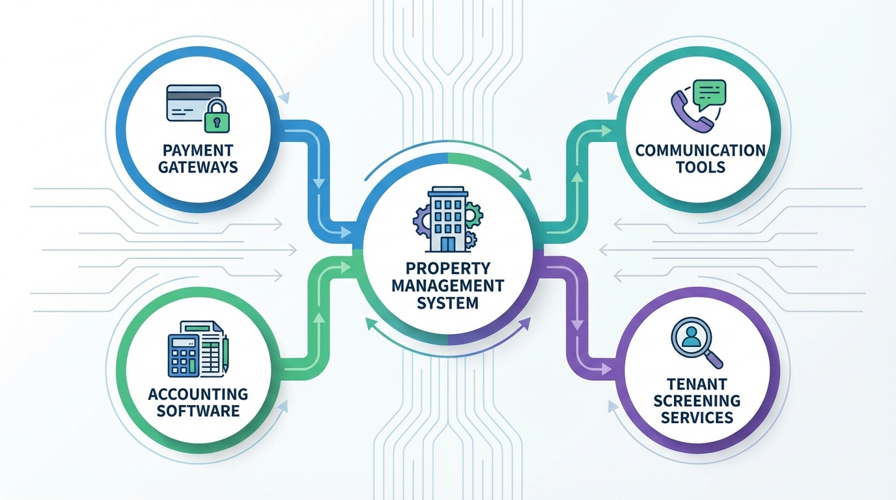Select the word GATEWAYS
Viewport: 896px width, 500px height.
(x=198, y=167)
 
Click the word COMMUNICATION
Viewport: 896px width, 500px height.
(x=700, y=150)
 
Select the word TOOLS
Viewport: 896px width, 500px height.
(x=700, y=167)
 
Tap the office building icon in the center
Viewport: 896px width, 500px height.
(x=447, y=219)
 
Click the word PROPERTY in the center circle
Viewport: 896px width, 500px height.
(x=447, y=268)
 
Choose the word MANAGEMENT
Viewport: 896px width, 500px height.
(x=447, y=285)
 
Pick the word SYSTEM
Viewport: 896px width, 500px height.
(x=447, y=303)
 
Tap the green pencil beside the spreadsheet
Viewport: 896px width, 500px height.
(x=225, y=354)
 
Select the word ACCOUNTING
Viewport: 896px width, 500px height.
(x=198, y=394)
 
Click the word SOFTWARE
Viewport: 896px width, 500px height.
(x=198, y=411)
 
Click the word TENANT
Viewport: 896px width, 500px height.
(x=697, y=384)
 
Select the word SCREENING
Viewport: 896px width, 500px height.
(x=697, y=400)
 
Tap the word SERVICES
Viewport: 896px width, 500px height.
(x=697, y=417)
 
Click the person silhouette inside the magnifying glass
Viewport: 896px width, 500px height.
(x=689, y=337)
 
